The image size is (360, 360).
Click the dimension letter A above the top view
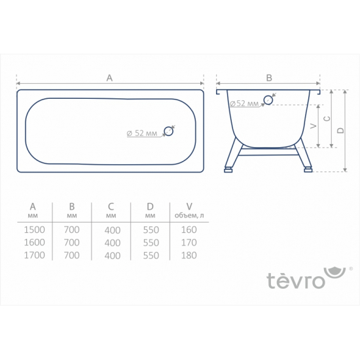click(109, 77)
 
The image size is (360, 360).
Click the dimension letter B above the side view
click(269, 77)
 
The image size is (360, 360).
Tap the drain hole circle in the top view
click(169, 131)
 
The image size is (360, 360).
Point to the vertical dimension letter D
click(340, 130)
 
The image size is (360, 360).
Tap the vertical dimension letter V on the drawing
click(313, 125)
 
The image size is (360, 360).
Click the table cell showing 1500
click(33, 229)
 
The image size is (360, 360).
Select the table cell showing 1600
click(33, 242)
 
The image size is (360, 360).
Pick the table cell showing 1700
click(33, 255)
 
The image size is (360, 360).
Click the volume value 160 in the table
click(189, 230)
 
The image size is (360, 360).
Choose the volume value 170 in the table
click(189, 243)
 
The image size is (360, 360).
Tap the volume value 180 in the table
click(189, 256)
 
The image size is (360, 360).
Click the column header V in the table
click(189, 206)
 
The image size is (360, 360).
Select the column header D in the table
click(151, 206)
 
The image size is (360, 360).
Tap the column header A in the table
click(33, 206)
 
